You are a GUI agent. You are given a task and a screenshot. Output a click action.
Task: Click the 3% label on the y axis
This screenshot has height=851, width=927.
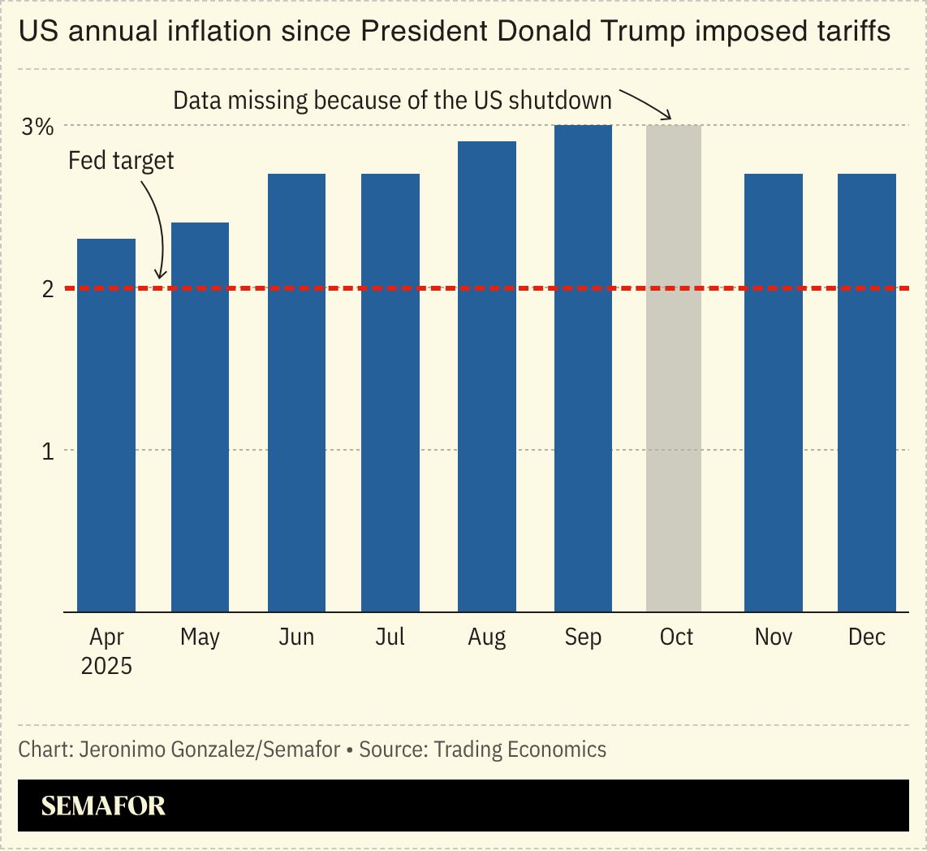point(37,127)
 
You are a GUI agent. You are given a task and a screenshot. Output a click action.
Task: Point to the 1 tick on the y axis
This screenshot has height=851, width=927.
point(47,451)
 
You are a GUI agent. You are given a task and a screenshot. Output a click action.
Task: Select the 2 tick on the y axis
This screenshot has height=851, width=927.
point(47,289)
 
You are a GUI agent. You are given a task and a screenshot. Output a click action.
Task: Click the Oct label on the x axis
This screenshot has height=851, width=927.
point(676,637)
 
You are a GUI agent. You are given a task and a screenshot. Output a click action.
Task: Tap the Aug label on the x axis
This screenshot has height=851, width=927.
point(487,637)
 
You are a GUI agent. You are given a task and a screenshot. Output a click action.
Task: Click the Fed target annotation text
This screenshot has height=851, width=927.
point(121,160)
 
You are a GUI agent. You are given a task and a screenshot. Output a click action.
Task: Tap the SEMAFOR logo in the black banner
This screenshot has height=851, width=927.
point(103,806)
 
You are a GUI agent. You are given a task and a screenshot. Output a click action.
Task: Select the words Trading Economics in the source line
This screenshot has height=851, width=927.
point(520,749)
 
